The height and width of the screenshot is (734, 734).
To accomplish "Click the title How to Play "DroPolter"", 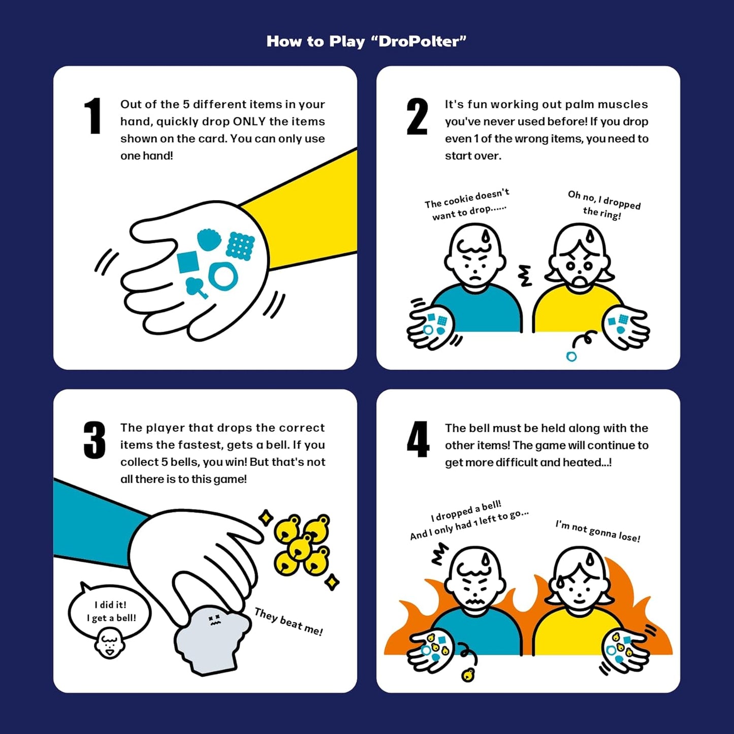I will (x=366, y=41).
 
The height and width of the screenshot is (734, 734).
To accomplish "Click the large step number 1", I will (x=93, y=116).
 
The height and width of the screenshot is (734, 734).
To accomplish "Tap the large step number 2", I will (x=417, y=117).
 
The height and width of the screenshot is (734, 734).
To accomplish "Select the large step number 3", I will (x=94, y=440).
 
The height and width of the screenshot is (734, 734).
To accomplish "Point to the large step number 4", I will (x=418, y=440).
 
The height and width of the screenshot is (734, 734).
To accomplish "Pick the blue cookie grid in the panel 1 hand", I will (x=240, y=246).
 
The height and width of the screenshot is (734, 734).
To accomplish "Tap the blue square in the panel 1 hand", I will (x=188, y=262).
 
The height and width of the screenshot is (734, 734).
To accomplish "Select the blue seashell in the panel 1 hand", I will (x=209, y=239).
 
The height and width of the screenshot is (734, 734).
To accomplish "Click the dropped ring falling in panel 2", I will (x=571, y=357).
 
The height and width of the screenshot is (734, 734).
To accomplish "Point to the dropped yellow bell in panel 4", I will (x=468, y=675).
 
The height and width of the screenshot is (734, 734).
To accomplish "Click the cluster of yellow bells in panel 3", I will (x=302, y=544).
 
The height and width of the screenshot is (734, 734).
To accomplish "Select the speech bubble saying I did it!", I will (x=111, y=611).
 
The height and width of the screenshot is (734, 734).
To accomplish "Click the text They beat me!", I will (x=288, y=622).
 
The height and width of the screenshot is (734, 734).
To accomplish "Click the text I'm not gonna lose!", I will (x=597, y=531).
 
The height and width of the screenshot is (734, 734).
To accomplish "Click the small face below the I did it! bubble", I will (x=110, y=644).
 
